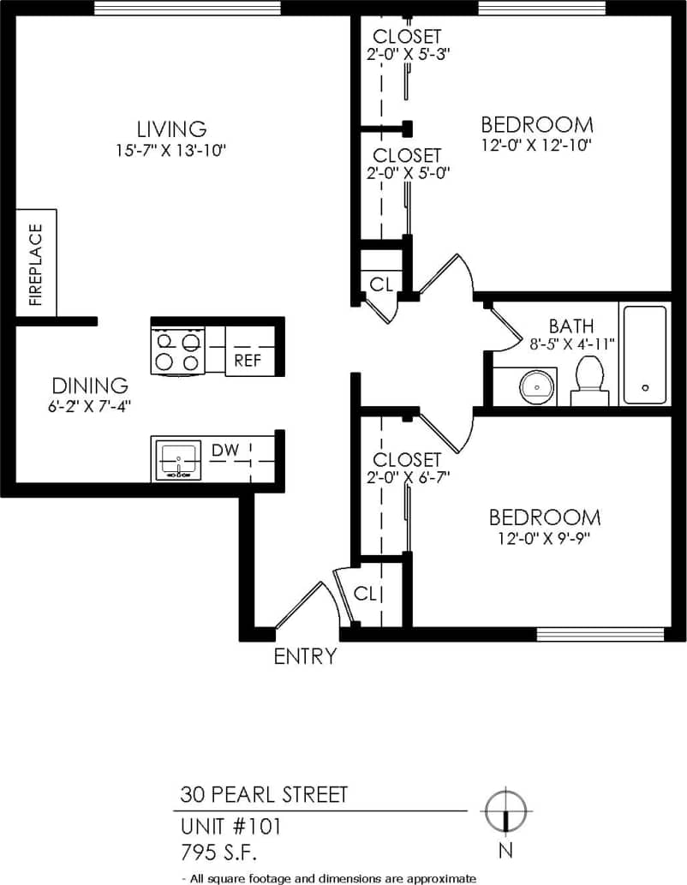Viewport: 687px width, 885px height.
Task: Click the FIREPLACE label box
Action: tap(36, 263)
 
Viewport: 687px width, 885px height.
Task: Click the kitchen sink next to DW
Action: tap(177, 460)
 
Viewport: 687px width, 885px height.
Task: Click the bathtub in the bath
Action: tap(644, 355)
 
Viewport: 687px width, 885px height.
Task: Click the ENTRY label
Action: tap(305, 657)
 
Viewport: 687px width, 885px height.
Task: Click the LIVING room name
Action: tap(174, 129)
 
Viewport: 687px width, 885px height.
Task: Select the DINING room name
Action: tap(90, 386)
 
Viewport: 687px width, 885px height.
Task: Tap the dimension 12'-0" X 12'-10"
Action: tap(537, 145)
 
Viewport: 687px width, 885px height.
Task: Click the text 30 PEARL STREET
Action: tap(264, 794)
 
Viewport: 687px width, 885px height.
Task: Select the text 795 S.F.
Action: tap(218, 852)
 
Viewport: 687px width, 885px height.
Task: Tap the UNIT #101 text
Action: tap(230, 827)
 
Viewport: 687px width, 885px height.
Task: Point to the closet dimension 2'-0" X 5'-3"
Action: tap(407, 53)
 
